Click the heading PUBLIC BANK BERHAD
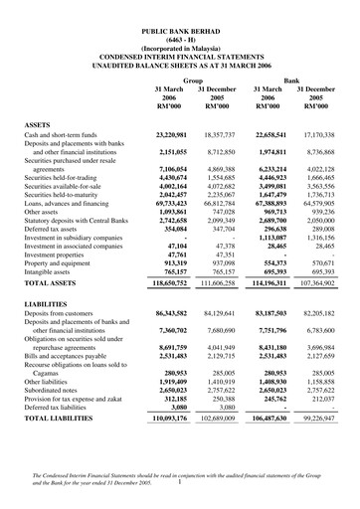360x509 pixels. (179, 34)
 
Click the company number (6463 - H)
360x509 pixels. (179, 43)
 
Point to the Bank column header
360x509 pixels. (291, 78)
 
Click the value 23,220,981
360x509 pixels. (166, 133)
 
